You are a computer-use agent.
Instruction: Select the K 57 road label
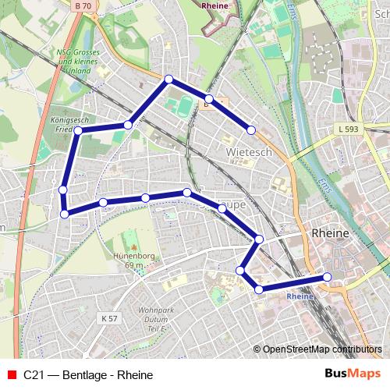click(109, 318)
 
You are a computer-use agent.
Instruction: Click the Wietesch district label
click(249, 152)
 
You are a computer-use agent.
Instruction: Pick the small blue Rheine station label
click(300, 296)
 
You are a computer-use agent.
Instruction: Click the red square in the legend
click(11, 374)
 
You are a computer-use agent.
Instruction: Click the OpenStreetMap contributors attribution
click(321, 349)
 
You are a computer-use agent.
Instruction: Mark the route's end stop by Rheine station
click(327, 277)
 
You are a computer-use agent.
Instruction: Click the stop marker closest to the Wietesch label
click(251, 129)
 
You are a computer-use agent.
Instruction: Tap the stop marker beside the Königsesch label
click(78, 130)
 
